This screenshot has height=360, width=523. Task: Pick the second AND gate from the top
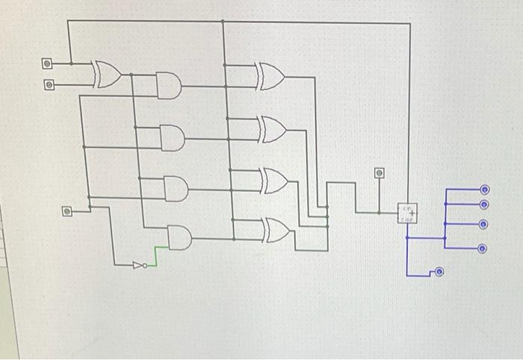172,137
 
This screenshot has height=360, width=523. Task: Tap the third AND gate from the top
176,188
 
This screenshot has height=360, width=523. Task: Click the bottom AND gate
180,238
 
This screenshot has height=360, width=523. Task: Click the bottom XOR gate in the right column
277,230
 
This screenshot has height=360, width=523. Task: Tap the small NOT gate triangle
139,264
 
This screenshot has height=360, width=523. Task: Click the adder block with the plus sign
408,214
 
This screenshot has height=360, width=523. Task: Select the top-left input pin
47,63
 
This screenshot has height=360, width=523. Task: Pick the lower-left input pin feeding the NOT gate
66,212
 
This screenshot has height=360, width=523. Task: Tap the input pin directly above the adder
380,173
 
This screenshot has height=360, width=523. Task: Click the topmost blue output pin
484,190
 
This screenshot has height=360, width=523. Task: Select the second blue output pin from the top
484,205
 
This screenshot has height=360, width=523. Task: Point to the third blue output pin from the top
484,224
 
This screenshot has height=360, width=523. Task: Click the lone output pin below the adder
439,272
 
